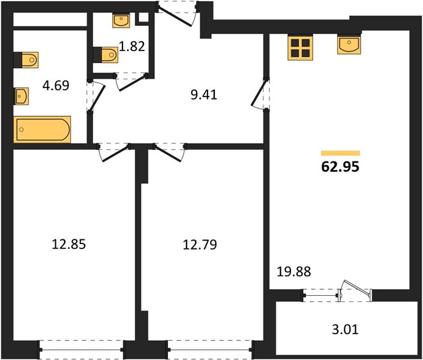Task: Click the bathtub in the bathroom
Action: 42,130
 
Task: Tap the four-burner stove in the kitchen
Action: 300,48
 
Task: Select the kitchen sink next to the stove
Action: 349,45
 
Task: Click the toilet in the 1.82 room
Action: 106,55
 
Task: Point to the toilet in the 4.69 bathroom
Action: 26,59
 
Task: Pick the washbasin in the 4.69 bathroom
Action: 22,96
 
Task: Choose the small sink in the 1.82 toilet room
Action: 121,21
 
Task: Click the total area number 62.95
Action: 340,167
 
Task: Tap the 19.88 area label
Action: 294,271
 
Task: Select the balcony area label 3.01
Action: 345,329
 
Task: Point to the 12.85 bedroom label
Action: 68,244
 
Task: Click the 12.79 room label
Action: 200,245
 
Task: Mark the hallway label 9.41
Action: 203,95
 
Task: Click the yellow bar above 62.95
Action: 340,153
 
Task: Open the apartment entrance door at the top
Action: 177,14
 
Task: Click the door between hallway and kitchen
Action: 260,94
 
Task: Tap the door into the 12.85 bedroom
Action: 113,153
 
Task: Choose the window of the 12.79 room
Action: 210,350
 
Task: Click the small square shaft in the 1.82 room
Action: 143,17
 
